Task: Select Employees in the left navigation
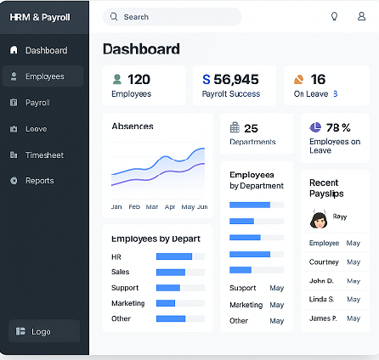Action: pyautogui.click(x=44, y=76)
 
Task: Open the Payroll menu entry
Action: pyautogui.click(x=37, y=103)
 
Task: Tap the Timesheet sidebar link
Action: pyautogui.click(x=44, y=155)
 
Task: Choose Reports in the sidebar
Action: pyautogui.click(x=39, y=181)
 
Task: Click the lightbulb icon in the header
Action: pyautogui.click(x=334, y=17)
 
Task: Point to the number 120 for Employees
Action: pyautogui.click(x=139, y=80)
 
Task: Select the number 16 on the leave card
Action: pyautogui.click(x=318, y=80)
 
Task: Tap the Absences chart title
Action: pyautogui.click(x=133, y=127)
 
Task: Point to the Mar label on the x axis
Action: pyautogui.click(x=152, y=206)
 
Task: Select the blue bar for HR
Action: pyautogui.click(x=174, y=256)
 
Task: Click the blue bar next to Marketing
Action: pyautogui.click(x=166, y=303)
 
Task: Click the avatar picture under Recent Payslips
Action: pyautogui.click(x=320, y=220)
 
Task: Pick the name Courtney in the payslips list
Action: pyautogui.click(x=324, y=262)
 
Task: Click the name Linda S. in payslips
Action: pyautogui.click(x=322, y=299)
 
